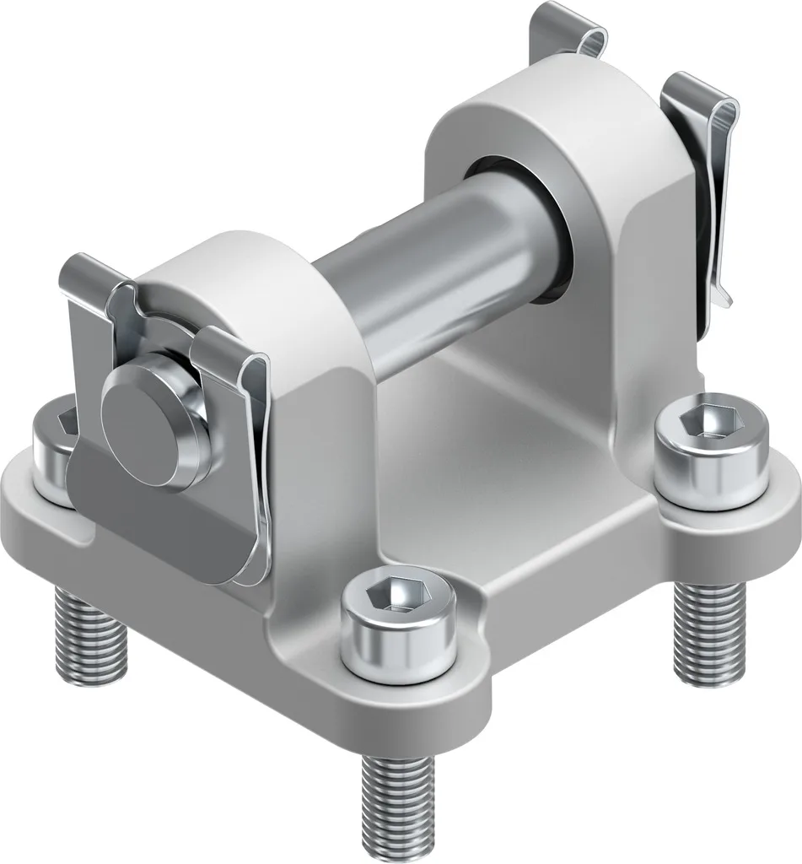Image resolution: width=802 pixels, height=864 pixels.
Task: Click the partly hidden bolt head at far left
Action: (52, 442)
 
